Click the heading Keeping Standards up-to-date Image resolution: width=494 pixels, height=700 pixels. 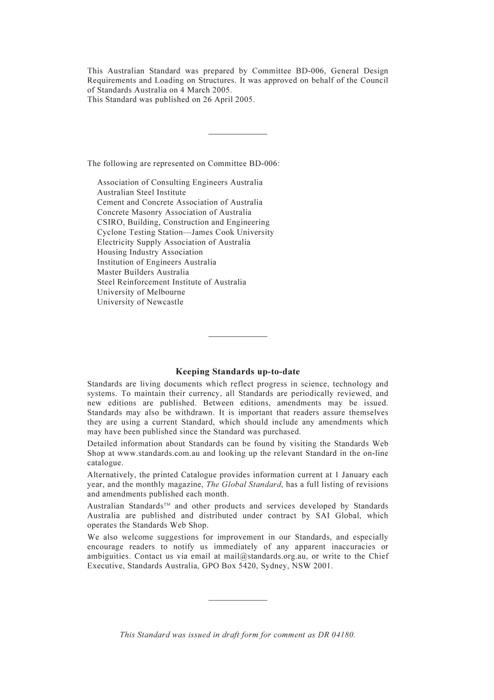[238, 372]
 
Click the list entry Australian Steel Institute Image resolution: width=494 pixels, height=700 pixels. [141, 193]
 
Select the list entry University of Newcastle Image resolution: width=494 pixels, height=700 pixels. [140, 302]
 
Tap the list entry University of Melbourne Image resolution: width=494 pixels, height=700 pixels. [141, 292]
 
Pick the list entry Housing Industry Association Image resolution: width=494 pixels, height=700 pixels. [150, 252]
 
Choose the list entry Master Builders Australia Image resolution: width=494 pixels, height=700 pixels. [143, 272]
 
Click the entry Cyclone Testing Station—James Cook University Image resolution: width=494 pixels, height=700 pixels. [185, 233]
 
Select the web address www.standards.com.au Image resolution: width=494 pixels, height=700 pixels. [159, 453]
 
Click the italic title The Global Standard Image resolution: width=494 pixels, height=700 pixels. [244, 485]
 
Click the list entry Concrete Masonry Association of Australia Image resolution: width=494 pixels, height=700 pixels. [174, 212]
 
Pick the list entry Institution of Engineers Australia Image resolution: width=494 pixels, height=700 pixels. [157, 262]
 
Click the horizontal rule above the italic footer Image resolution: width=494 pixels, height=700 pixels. [238, 600]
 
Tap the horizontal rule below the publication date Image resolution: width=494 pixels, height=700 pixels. [238, 134]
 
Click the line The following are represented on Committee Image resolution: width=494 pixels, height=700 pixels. [183, 164]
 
